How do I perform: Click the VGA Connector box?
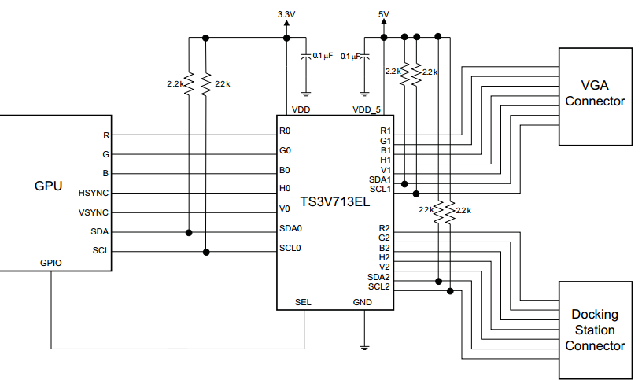[595, 96]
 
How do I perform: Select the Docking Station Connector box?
[595, 330]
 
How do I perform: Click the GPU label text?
[48, 186]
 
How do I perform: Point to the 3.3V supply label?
[287, 14]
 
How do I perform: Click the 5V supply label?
[383, 14]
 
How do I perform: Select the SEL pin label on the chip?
[304, 301]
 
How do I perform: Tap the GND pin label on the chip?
[363, 301]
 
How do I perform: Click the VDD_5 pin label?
[367, 110]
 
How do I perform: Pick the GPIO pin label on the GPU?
[51, 263]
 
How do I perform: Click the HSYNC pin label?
[94, 193]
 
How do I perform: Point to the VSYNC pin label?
[94, 212]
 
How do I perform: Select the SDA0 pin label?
[291, 228]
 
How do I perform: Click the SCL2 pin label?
[379, 286]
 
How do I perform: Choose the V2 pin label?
[385, 267]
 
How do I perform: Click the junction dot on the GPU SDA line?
[189, 232]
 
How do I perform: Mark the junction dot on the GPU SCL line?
[207, 252]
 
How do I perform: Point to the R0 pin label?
[285, 131]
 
